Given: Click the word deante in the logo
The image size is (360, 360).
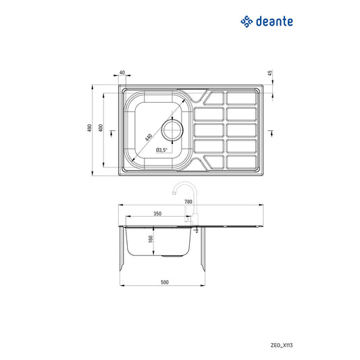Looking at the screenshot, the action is pos(274,22).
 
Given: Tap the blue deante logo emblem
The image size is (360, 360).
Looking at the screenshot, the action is pos(247,22).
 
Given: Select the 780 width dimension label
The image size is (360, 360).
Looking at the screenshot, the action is pos(188,201).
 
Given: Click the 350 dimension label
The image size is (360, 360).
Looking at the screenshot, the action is pos(157,213).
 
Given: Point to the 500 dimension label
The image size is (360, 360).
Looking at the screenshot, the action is pos(164,282).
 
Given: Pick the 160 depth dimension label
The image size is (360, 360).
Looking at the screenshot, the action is pos(151,239).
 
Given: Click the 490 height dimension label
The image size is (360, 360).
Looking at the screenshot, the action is pos(89,128).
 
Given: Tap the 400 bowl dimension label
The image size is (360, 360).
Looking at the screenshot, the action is pos(101,128).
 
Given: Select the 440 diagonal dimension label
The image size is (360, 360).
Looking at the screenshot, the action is pos(149,137).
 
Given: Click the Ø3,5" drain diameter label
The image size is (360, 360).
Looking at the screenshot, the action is pos(161,150).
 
